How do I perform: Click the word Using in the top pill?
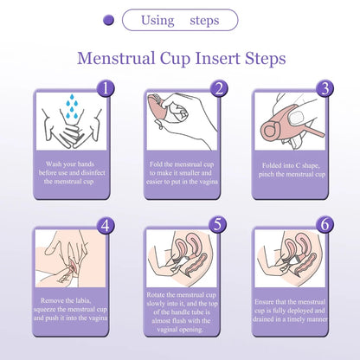click(x=157, y=20)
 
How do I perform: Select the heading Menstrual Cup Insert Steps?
click(x=181, y=59)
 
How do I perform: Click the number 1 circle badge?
click(x=105, y=88)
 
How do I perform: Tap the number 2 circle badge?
click(x=219, y=88)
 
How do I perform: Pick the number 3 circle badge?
click(x=325, y=88)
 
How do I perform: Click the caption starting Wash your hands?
click(x=70, y=173)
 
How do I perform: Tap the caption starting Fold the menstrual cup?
click(x=181, y=173)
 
